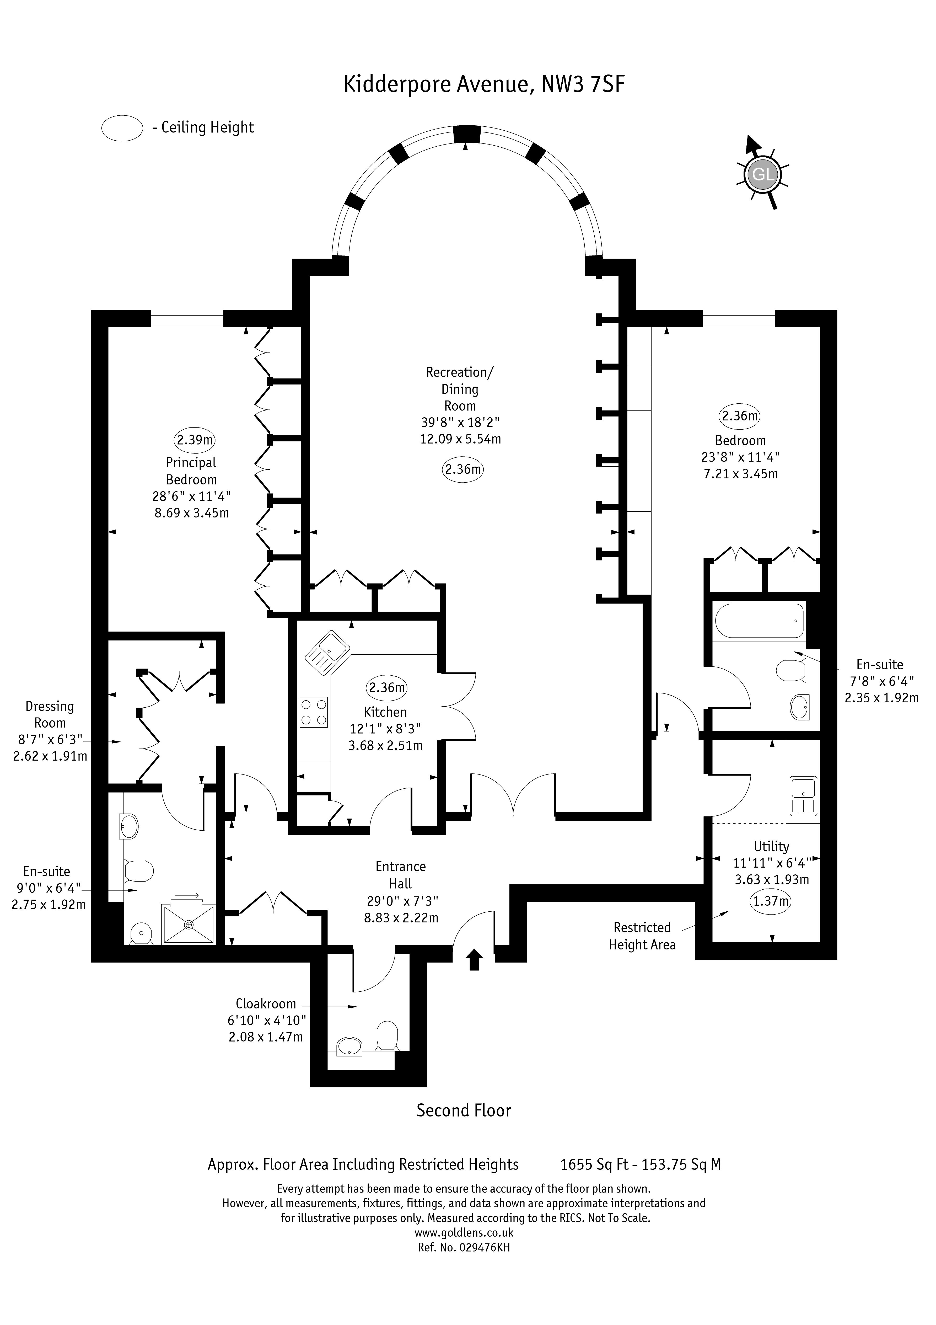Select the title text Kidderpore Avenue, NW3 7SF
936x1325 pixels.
coord(484,84)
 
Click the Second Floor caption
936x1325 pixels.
coord(464,1123)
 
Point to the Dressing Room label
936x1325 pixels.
coord(50,714)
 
